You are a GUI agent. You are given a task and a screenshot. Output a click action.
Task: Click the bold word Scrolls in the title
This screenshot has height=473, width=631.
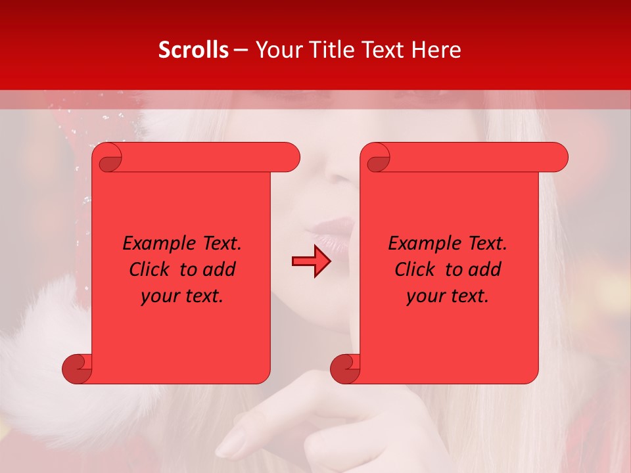(193, 50)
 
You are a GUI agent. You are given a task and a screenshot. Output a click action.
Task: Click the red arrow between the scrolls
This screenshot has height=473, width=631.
(311, 261)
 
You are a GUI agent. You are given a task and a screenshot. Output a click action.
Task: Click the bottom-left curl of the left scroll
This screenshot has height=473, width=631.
(76, 369)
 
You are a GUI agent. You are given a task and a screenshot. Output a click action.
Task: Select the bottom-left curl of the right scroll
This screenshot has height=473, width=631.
(344, 369)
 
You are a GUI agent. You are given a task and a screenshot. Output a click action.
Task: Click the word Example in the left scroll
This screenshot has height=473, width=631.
(160, 244)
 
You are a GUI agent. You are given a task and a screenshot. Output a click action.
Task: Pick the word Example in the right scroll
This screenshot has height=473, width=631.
(425, 244)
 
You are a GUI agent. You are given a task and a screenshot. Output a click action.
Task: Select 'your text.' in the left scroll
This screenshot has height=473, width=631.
(182, 296)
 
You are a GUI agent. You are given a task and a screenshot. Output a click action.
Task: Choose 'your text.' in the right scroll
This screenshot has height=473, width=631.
(448, 296)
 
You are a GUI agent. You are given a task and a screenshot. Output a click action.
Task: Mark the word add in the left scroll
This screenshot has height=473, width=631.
(220, 269)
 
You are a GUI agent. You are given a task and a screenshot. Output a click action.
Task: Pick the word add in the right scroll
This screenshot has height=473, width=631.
(485, 269)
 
